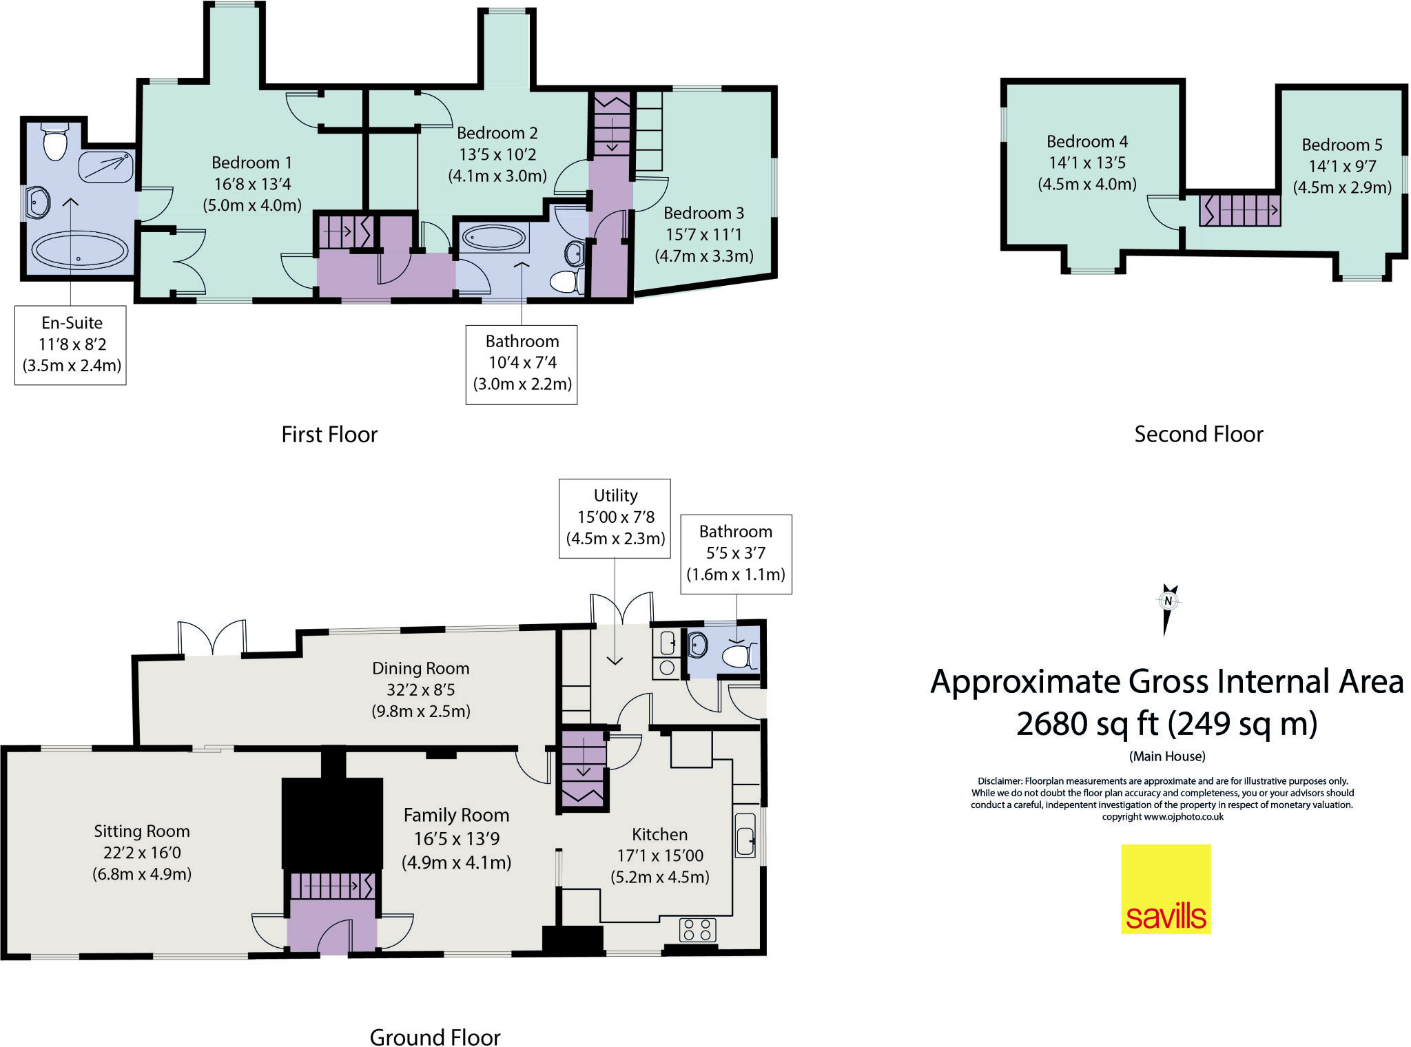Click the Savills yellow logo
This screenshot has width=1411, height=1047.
(x=1166, y=889)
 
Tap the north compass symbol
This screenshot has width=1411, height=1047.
(x=1168, y=606)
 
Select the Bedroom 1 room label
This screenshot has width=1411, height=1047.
(x=251, y=163)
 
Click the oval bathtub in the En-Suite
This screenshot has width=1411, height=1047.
(x=80, y=250)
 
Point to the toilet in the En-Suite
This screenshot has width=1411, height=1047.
(x=55, y=143)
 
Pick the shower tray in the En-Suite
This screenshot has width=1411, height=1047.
(x=105, y=167)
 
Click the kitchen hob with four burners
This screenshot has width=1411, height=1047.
(x=697, y=930)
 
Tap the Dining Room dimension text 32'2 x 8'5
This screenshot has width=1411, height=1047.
(x=420, y=690)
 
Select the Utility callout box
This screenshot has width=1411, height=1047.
(x=615, y=517)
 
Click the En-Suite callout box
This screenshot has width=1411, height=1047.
(x=71, y=344)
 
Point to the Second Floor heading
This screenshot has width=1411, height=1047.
(x=1198, y=435)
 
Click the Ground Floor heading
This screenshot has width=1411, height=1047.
(x=435, y=1037)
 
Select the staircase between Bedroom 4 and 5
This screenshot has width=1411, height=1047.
(x=1239, y=210)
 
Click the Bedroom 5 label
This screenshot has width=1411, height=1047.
(x=1341, y=145)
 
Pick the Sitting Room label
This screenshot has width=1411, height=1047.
(x=142, y=831)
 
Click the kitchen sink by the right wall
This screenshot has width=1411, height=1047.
(x=745, y=835)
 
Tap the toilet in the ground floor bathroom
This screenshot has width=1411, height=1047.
(x=739, y=655)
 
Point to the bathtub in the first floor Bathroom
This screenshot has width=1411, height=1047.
(x=493, y=238)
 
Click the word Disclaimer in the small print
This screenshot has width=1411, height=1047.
(x=999, y=781)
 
